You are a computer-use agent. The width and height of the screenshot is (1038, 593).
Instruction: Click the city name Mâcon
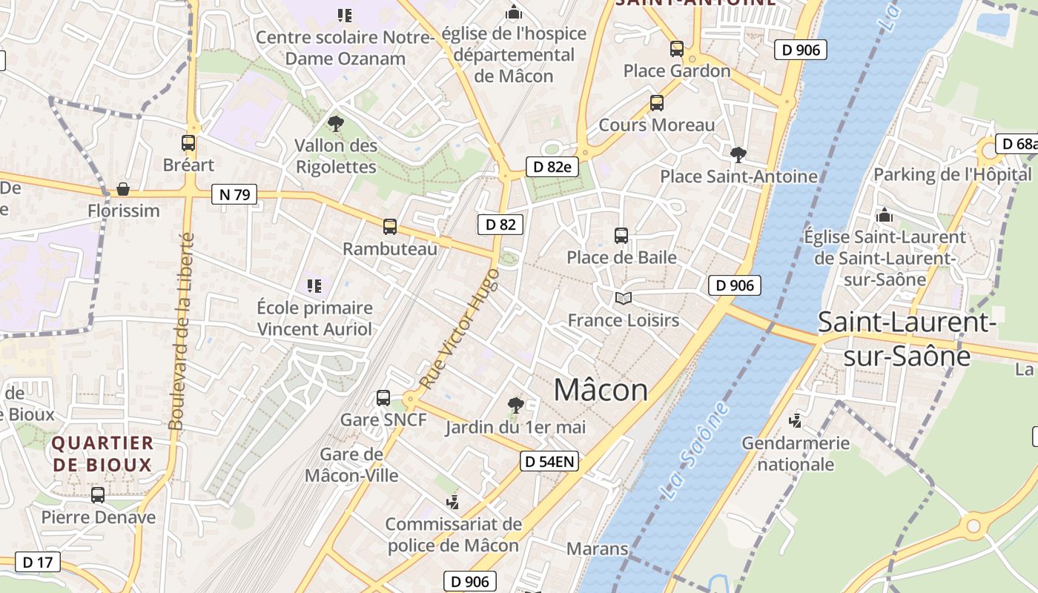tap(601, 390)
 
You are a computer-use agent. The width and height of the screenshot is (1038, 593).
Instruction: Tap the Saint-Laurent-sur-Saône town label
tap(907, 339)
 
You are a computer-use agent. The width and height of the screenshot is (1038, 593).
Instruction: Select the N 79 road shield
tap(234, 195)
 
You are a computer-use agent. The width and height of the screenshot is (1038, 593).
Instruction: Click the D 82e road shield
tap(552, 167)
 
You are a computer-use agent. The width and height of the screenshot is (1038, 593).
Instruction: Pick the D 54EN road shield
tap(549, 461)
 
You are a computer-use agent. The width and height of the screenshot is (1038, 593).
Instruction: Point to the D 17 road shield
tap(37, 562)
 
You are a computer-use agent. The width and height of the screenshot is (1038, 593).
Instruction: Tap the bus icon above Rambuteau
tap(390, 227)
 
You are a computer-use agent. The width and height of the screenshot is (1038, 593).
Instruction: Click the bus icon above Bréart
tap(188, 143)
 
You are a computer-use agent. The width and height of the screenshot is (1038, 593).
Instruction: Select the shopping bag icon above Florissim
tap(123, 189)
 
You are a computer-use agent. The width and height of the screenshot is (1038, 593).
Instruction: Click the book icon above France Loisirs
tap(624, 298)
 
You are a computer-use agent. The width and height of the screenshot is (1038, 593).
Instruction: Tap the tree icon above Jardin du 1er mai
tap(515, 405)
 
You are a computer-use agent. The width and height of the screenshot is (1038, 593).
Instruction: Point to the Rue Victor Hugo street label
tap(460, 328)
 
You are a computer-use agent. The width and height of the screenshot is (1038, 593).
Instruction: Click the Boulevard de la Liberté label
tap(181, 331)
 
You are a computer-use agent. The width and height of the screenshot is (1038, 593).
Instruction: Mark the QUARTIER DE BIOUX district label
tap(102, 454)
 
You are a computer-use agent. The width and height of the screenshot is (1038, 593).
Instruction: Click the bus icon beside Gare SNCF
tap(383, 398)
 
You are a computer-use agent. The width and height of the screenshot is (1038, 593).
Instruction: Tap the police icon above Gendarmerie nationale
tap(796, 421)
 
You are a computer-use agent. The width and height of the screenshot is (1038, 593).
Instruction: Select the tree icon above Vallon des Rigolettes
tap(336, 124)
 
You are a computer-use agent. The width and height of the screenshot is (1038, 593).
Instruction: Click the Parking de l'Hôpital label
tap(952, 175)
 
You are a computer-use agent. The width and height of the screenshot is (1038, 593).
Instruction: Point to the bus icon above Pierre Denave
tap(98, 495)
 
